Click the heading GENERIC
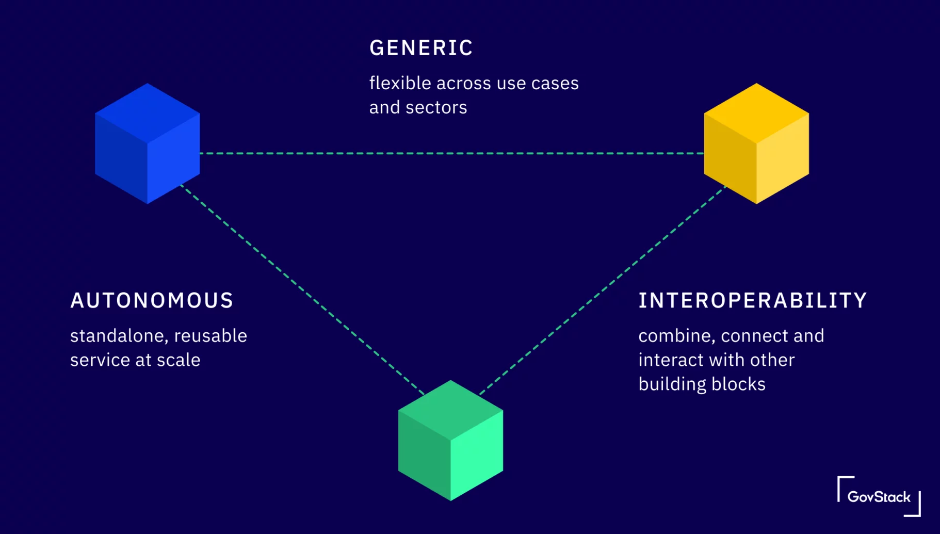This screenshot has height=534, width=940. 421,48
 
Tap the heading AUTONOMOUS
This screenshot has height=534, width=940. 152,301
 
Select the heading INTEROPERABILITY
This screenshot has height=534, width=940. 753,301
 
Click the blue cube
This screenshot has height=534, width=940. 148,143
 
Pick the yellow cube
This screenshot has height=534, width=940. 756,143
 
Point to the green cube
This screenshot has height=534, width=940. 450,441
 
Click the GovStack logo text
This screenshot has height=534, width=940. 879,497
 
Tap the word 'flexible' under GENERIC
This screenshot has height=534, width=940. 400,83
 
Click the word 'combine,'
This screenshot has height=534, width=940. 676,336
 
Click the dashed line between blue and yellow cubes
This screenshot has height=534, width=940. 451,153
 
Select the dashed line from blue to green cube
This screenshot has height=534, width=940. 302,289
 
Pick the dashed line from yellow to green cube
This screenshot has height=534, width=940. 602,290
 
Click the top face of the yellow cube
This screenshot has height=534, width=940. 756,113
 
